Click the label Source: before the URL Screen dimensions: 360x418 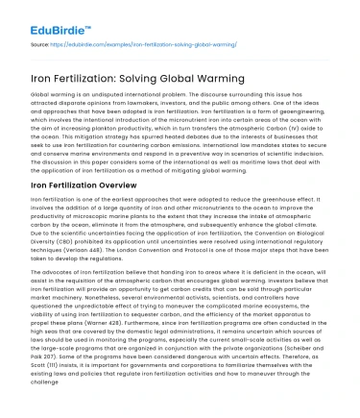(x=41, y=44)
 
